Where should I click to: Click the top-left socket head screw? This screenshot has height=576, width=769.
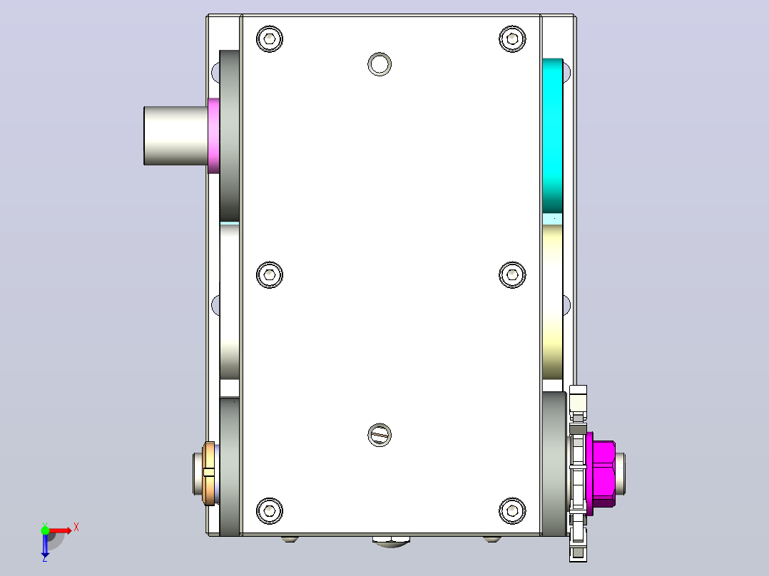pos(269,38)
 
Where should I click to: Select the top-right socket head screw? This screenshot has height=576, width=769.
pos(512,38)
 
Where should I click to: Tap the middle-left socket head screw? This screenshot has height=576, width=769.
pos(269,274)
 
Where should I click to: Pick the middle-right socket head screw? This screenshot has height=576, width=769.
pos(512,274)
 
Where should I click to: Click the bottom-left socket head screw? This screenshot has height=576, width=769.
pos(269,511)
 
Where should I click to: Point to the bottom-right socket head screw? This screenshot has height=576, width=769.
pos(512,511)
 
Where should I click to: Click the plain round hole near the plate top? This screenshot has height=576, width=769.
pos(379,64)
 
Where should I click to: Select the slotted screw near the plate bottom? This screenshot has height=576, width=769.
pos(379,435)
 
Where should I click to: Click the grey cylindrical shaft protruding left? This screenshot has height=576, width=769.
pos(175,135)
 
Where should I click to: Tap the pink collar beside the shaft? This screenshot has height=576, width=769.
pos(213,135)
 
